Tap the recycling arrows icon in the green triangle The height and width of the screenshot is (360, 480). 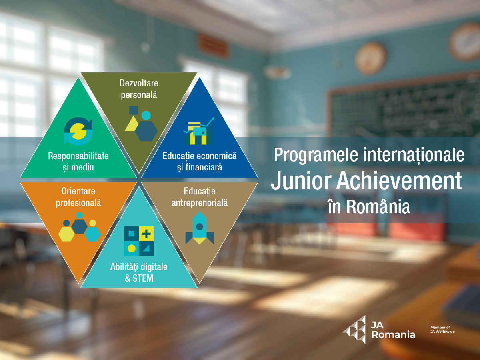point(78,131)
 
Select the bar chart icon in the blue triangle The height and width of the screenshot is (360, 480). point(199,131)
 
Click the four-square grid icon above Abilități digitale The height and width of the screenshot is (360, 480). point(139,241)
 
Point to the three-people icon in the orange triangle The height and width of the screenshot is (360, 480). point(79,227)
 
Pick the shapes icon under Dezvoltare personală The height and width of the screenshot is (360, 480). point(141,124)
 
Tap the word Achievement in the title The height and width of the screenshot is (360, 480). point(399,180)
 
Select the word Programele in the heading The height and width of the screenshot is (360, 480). point(316,156)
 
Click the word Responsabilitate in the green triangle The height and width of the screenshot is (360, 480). point(78,156)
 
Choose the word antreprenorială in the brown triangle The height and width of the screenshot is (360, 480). point(200,203)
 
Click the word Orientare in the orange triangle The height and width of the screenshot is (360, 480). point(78,191)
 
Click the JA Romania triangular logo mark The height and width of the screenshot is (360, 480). point(354,329)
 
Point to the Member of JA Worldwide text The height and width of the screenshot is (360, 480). point(442,329)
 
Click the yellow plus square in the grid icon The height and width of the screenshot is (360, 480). point(146,234)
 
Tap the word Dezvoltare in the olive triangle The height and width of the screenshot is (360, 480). point(139,83)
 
